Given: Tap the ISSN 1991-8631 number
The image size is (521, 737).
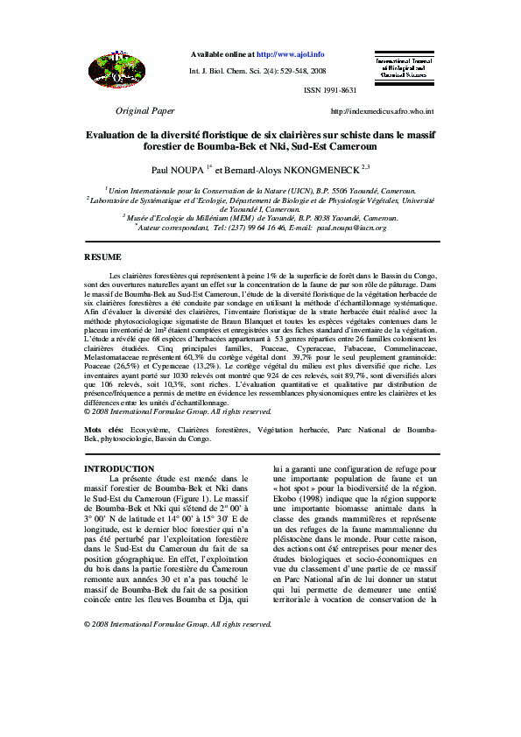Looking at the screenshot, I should pos(330,90).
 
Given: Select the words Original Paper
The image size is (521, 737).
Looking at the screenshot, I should pos(145,111).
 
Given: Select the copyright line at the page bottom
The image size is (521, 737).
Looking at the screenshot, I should pos(178,624).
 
